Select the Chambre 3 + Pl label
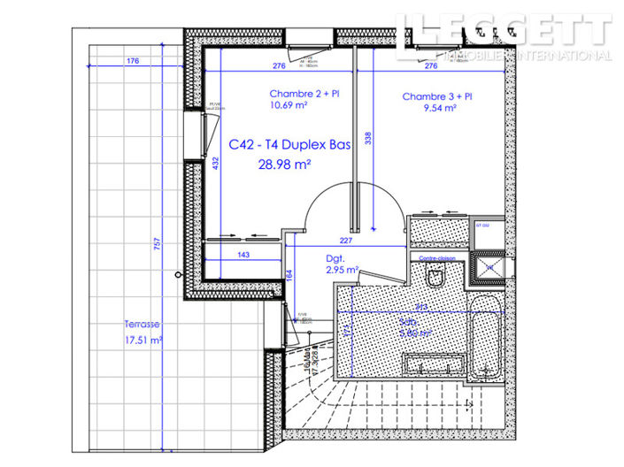[437, 96]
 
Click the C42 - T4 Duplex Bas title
[289, 145]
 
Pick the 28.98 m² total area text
[284, 165]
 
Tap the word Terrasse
[143, 325]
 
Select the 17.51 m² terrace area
[143, 340]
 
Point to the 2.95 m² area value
[341, 271]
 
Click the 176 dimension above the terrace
[133, 61]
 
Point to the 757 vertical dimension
[158, 249]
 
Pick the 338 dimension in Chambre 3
[367, 138]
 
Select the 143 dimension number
[243, 255]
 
